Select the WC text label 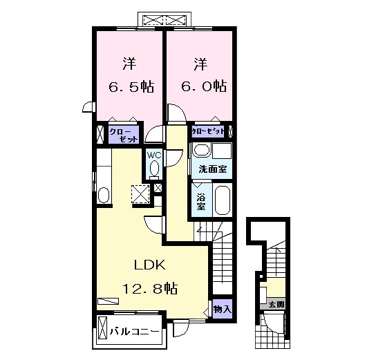tap(153, 155)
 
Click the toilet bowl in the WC tap(153, 168)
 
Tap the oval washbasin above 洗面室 tap(201, 151)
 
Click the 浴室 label tap(200, 201)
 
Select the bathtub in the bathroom tap(221, 200)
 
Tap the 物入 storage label tap(221, 308)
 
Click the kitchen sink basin tap(104, 194)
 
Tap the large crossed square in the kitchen tap(141, 194)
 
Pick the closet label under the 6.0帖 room tap(208, 131)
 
